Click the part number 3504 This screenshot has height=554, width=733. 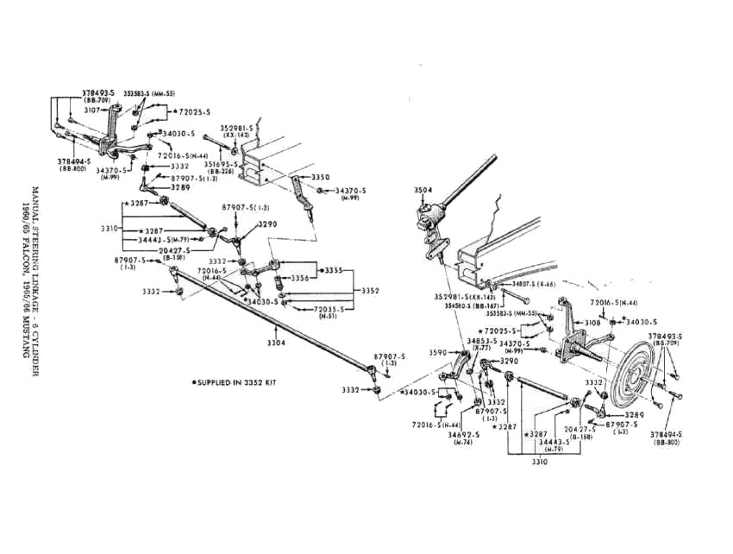[x=423, y=190]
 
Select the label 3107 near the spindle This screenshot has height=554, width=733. [x=92, y=110]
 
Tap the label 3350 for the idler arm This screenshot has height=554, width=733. [x=320, y=177]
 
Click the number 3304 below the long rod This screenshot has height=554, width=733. [x=276, y=343]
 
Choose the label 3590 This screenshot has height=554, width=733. [x=438, y=352]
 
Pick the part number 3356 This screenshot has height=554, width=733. [x=299, y=278]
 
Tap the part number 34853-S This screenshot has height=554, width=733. [x=481, y=341]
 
